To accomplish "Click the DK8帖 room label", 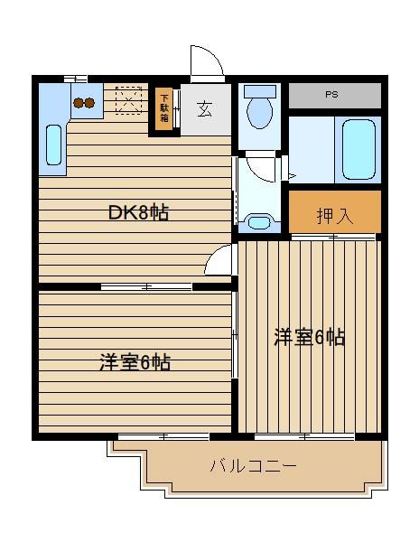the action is [x=138, y=212].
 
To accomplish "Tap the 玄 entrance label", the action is [x=204, y=109].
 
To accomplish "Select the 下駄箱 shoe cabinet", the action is [x=164, y=108].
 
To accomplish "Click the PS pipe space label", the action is [x=331, y=94].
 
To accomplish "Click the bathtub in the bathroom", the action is [x=358, y=149].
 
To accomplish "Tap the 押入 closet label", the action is [x=335, y=216].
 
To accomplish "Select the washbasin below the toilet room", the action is [x=259, y=222].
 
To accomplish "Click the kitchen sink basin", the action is [x=53, y=145].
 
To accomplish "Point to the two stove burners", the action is [x=84, y=103].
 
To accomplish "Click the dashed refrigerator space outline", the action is [x=128, y=100].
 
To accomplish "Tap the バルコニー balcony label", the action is [x=254, y=465].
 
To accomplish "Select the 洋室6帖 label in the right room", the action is [x=310, y=337].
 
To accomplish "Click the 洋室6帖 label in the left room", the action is [x=135, y=362].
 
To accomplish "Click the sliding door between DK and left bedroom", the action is [x=146, y=286].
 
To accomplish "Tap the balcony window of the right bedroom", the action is [x=304, y=437].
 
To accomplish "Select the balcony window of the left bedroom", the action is [x=163, y=437].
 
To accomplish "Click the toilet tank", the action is [x=260, y=91].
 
